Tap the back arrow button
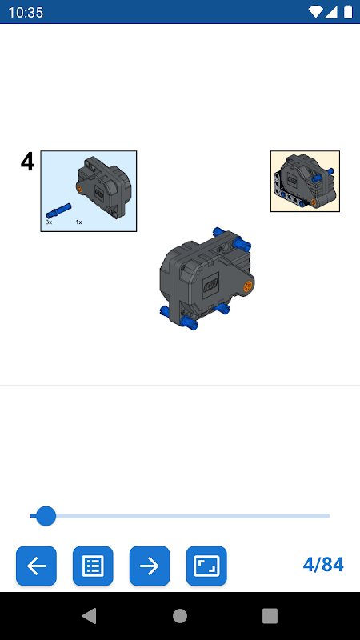pos(36,566)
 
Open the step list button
pos(93,566)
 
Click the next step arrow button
pos(150,566)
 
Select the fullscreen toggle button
pos(206,566)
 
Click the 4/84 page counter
pos(323,565)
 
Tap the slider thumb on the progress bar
pos(46,516)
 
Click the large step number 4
pos(27,162)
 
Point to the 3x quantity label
pos(49,222)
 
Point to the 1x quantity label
pos(78,222)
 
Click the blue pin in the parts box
pos(58,210)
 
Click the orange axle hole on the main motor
pos(247,286)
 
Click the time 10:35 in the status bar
pos(26,12)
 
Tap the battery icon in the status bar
pos(348,12)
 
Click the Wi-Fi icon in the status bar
pos(315,12)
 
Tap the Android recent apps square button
pos(270,616)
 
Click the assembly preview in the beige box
pos(305,182)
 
